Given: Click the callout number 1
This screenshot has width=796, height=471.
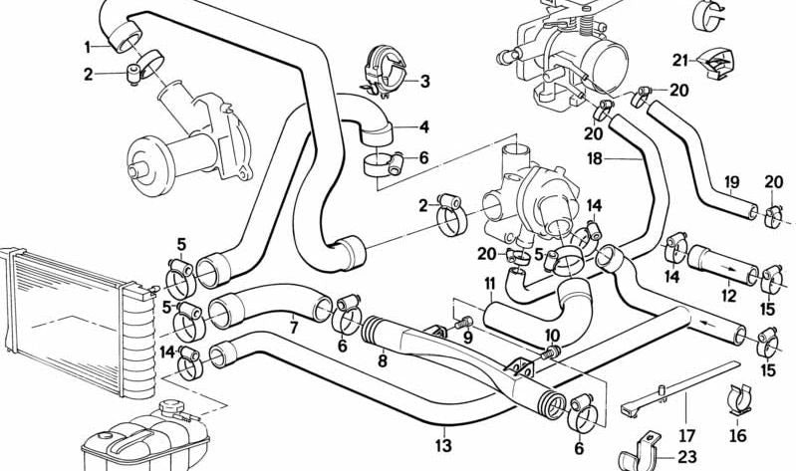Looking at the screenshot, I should click(88, 46).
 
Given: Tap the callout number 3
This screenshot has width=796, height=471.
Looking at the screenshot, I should click(424, 82).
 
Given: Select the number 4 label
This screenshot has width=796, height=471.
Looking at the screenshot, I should click(424, 126).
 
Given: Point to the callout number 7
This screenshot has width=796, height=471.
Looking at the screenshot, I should click(293, 327).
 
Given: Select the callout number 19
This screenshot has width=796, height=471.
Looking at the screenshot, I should click(731, 182).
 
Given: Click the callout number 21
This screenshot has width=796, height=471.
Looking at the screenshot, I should click(679, 60).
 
